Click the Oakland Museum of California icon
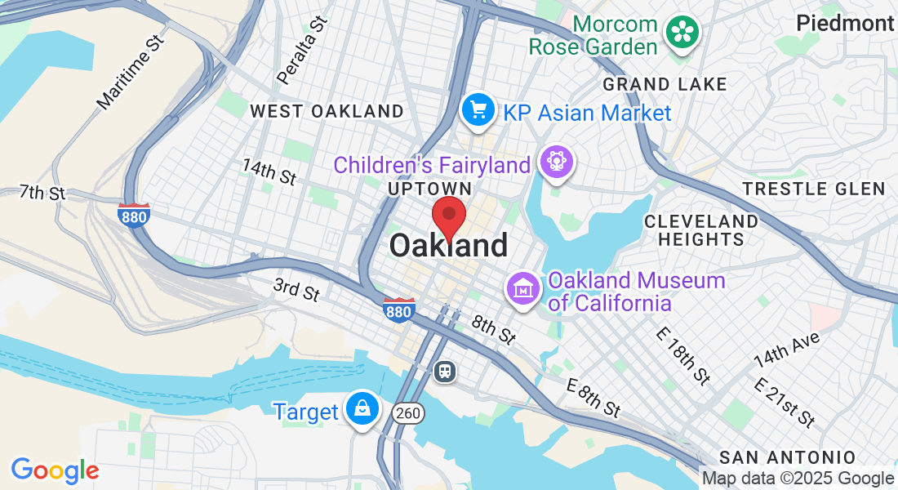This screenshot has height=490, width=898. click(x=522, y=288)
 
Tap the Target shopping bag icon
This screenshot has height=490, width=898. click(x=360, y=408)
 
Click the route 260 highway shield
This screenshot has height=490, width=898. click(x=407, y=413)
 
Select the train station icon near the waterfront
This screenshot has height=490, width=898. click(x=445, y=372)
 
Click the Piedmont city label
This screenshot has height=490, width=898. click(x=846, y=23)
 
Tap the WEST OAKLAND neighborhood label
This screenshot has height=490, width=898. click(x=327, y=111)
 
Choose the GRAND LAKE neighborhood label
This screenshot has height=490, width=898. click(x=665, y=84)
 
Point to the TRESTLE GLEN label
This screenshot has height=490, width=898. click(x=814, y=189)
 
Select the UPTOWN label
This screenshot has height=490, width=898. click(x=430, y=189)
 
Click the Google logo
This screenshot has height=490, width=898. click(x=55, y=470)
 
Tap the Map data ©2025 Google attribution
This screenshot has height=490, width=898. click(x=798, y=479)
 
